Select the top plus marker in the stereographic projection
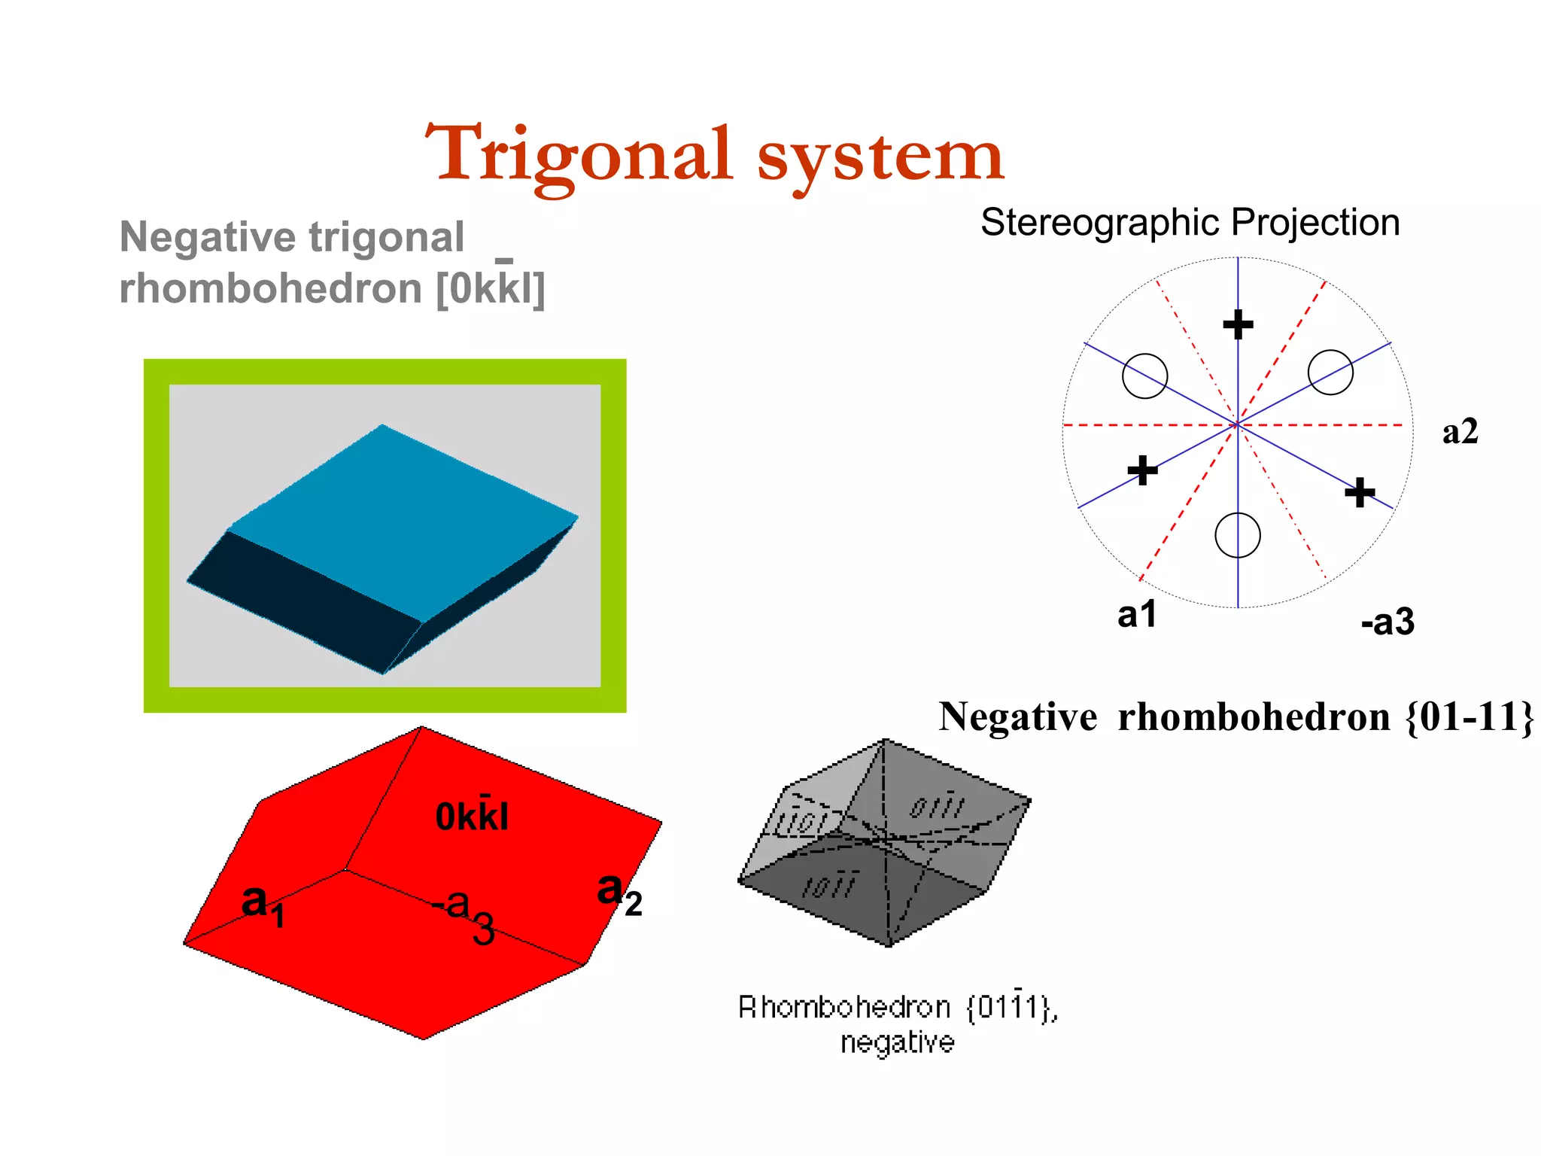[x=1238, y=325]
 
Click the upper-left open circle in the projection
[x=1144, y=376]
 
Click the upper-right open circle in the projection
[x=1330, y=372]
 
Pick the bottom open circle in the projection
[x=1238, y=535]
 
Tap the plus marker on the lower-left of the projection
[x=1142, y=470]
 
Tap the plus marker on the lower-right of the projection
[x=1360, y=492]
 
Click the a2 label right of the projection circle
[x=1460, y=432]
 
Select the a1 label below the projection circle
[x=1136, y=615]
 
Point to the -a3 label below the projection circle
[x=1387, y=622]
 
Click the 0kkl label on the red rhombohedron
[x=472, y=816]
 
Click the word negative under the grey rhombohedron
[x=897, y=1042]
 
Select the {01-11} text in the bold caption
[x=1469, y=716]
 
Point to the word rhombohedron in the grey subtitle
[x=271, y=289]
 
